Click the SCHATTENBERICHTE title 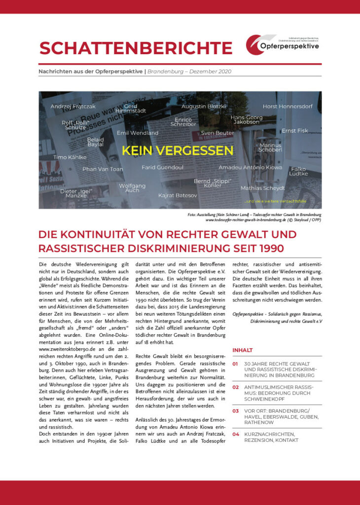pyautogui.click(x=136, y=48)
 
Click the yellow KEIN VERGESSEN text pyautogui.click(x=178, y=150)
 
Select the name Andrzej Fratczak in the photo pyautogui.click(x=73, y=107)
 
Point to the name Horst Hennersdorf pyautogui.click(x=288, y=107)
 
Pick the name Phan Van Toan pyautogui.click(x=103, y=169)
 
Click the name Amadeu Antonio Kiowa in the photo pyautogui.click(x=251, y=168)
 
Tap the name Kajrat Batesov pyautogui.click(x=178, y=196)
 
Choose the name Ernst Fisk pyautogui.click(x=295, y=131)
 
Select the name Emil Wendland pyautogui.click(x=138, y=133)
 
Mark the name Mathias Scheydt pyautogui.click(x=263, y=188)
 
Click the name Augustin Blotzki pyautogui.click(x=204, y=107)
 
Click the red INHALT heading pyautogui.click(x=243, y=350)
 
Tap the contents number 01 pyautogui.click(x=235, y=363)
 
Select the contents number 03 pyautogui.click(x=235, y=411)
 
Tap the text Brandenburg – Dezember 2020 pyautogui.click(x=189, y=71)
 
